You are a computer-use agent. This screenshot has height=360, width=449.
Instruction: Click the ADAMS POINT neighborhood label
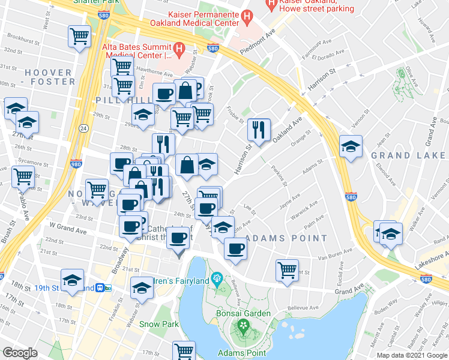(288, 238)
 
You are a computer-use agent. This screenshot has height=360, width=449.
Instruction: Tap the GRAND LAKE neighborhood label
(408, 155)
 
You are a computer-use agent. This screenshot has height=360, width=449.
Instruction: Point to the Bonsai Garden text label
(244, 314)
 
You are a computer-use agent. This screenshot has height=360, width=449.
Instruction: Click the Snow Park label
(159, 324)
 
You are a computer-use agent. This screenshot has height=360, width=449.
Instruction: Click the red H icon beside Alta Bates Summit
(178, 47)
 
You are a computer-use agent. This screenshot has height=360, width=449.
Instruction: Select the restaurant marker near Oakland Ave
(259, 130)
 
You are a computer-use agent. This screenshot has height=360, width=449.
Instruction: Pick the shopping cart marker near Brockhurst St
(79, 37)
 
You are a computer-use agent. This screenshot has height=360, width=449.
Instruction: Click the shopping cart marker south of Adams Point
(288, 269)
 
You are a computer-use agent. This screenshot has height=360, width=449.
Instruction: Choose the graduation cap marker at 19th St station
(73, 280)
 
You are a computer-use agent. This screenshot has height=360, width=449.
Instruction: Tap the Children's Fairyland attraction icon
(217, 279)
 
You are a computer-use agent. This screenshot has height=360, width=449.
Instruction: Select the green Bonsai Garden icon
(244, 326)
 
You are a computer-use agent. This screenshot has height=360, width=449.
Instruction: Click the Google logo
(20, 353)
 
